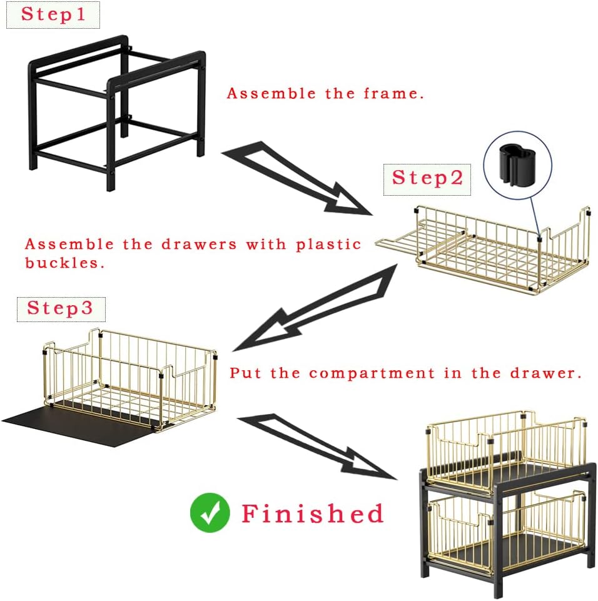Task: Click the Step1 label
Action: (53, 14)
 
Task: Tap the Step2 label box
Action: (427, 179)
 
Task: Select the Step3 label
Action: (61, 309)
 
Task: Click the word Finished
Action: (312, 513)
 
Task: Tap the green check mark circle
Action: (210, 513)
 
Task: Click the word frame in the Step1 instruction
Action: (393, 94)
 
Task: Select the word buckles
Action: (64, 263)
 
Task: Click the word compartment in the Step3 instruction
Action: (372, 374)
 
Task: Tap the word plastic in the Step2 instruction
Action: (328, 245)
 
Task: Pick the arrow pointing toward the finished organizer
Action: (317, 447)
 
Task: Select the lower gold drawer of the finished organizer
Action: (506, 532)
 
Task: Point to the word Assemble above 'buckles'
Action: (69, 245)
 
